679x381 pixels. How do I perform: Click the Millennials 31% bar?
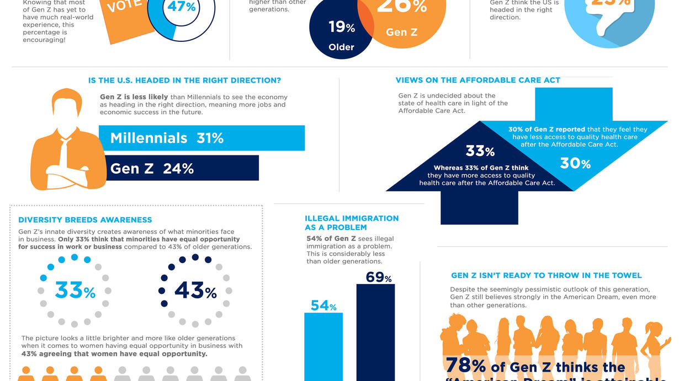(202, 138)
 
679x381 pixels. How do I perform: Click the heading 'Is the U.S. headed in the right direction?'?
(184, 81)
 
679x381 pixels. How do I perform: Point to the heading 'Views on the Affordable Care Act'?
(478, 81)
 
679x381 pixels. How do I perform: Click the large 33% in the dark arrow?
(480, 151)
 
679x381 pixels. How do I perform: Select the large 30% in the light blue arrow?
(575, 163)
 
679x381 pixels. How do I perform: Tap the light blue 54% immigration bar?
(323, 347)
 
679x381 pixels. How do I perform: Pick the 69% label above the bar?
(378, 277)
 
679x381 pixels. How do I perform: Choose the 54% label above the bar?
(323, 306)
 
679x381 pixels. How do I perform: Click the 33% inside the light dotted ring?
(75, 290)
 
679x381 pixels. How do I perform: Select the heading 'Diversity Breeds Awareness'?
(85, 220)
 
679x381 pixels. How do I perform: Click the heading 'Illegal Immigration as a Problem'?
(352, 223)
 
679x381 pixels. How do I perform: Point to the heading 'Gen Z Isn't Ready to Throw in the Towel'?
(547, 276)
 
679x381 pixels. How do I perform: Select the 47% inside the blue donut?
(182, 7)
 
